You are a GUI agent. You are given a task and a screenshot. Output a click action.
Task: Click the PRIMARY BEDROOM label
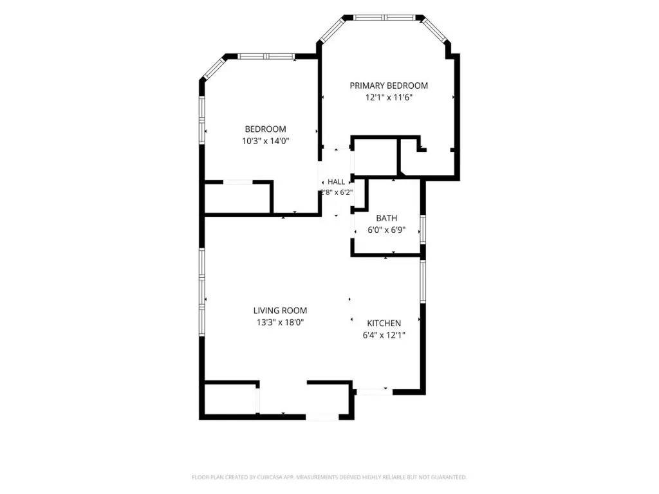[389, 86]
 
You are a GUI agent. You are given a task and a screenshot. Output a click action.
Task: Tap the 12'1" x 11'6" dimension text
[389, 98]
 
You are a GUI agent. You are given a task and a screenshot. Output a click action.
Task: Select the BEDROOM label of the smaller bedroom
[265, 129]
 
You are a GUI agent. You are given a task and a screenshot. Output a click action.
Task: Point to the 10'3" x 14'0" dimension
[265, 141]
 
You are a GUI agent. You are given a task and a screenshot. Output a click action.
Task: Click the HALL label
[336, 182]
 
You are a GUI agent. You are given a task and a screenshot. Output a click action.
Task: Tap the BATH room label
[386, 219]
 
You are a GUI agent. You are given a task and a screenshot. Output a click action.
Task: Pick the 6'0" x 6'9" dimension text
[386, 230]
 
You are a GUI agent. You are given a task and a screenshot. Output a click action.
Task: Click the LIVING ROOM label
[280, 311]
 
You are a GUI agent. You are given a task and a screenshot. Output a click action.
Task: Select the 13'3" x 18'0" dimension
[280, 323]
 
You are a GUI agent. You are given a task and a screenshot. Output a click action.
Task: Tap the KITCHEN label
[384, 324]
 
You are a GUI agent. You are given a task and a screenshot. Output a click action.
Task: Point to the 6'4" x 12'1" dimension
[384, 335]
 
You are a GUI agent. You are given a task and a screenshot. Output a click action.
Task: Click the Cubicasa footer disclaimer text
[329, 477]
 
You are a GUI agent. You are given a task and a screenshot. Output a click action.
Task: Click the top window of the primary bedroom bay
[385, 17]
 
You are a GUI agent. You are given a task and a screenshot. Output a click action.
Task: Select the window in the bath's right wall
[423, 230]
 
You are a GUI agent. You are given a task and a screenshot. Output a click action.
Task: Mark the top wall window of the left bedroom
[266, 57]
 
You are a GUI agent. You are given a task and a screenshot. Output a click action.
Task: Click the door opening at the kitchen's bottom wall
[375, 392]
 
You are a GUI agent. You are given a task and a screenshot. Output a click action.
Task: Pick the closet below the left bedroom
[237, 197]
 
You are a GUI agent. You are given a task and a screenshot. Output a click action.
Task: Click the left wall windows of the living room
[201, 292]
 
